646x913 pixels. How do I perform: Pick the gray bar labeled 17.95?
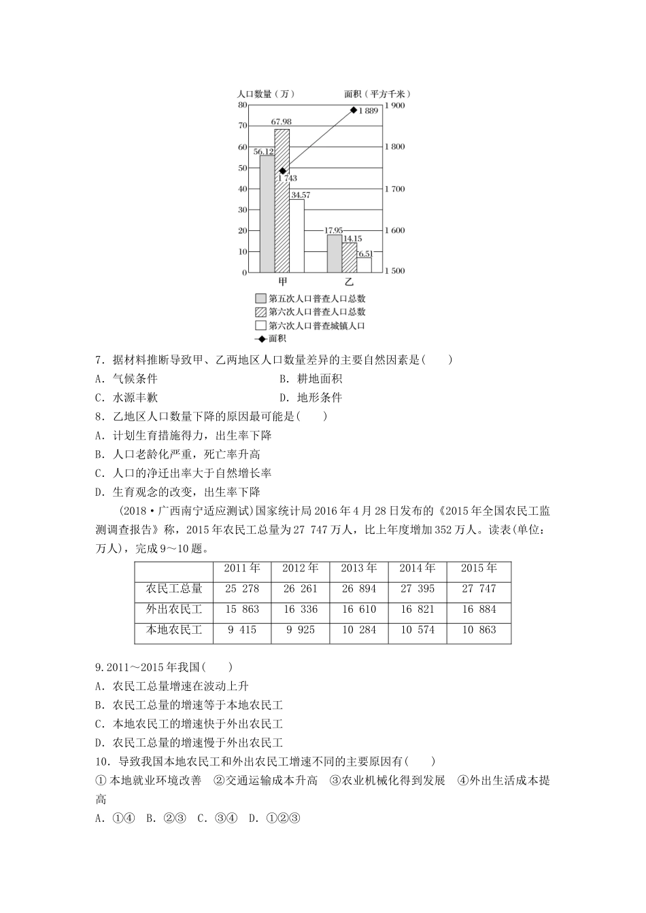coord(334,253)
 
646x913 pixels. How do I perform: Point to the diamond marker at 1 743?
coord(282,171)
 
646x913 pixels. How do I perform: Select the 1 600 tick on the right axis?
coord(395,231)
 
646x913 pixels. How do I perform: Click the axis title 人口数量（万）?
coord(266,94)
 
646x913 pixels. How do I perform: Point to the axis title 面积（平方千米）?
coord(378,94)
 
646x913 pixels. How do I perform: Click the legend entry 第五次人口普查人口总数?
coord(310,298)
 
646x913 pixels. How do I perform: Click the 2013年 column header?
coord(358,569)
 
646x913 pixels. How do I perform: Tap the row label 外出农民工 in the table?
coord(174,609)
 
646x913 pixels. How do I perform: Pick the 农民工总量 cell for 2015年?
coord(479,589)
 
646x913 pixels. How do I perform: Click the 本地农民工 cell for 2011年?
coord(241,630)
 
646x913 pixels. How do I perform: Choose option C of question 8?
coord(184,473)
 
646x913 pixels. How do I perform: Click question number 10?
coord(103,762)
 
